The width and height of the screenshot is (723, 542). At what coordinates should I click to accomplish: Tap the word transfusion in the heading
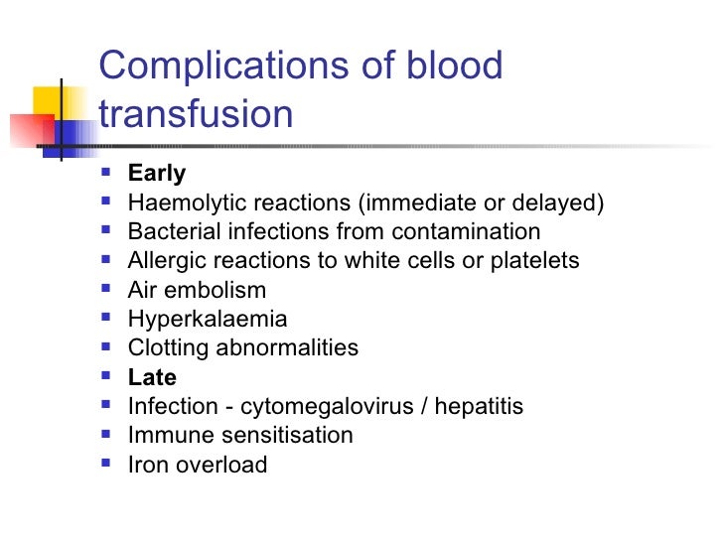click(x=197, y=114)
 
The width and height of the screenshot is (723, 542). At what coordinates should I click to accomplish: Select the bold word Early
click(x=157, y=174)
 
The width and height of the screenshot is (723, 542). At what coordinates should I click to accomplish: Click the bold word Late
click(x=152, y=377)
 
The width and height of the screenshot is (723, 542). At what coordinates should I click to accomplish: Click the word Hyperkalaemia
click(x=208, y=320)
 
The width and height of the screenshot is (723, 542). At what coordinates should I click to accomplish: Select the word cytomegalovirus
click(x=324, y=407)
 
